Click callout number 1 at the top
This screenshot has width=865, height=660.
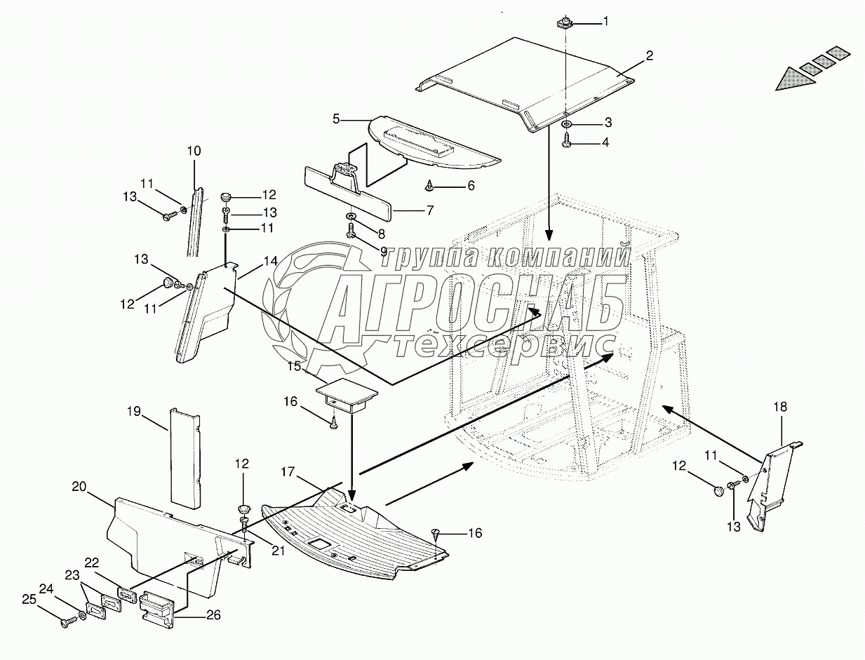pyautogui.click(x=605, y=21)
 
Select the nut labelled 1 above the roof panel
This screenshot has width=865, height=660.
pyautogui.click(x=565, y=23)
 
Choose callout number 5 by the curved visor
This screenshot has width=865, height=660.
pyautogui.click(x=336, y=119)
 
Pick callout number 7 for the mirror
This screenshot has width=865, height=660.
pyautogui.click(x=429, y=210)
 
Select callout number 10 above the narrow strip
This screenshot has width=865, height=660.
pyautogui.click(x=194, y=150)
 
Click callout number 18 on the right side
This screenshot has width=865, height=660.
pyautogui.click(x=780, y=406)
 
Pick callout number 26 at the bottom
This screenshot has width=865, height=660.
pyautogui.click(x=213, y=615)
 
